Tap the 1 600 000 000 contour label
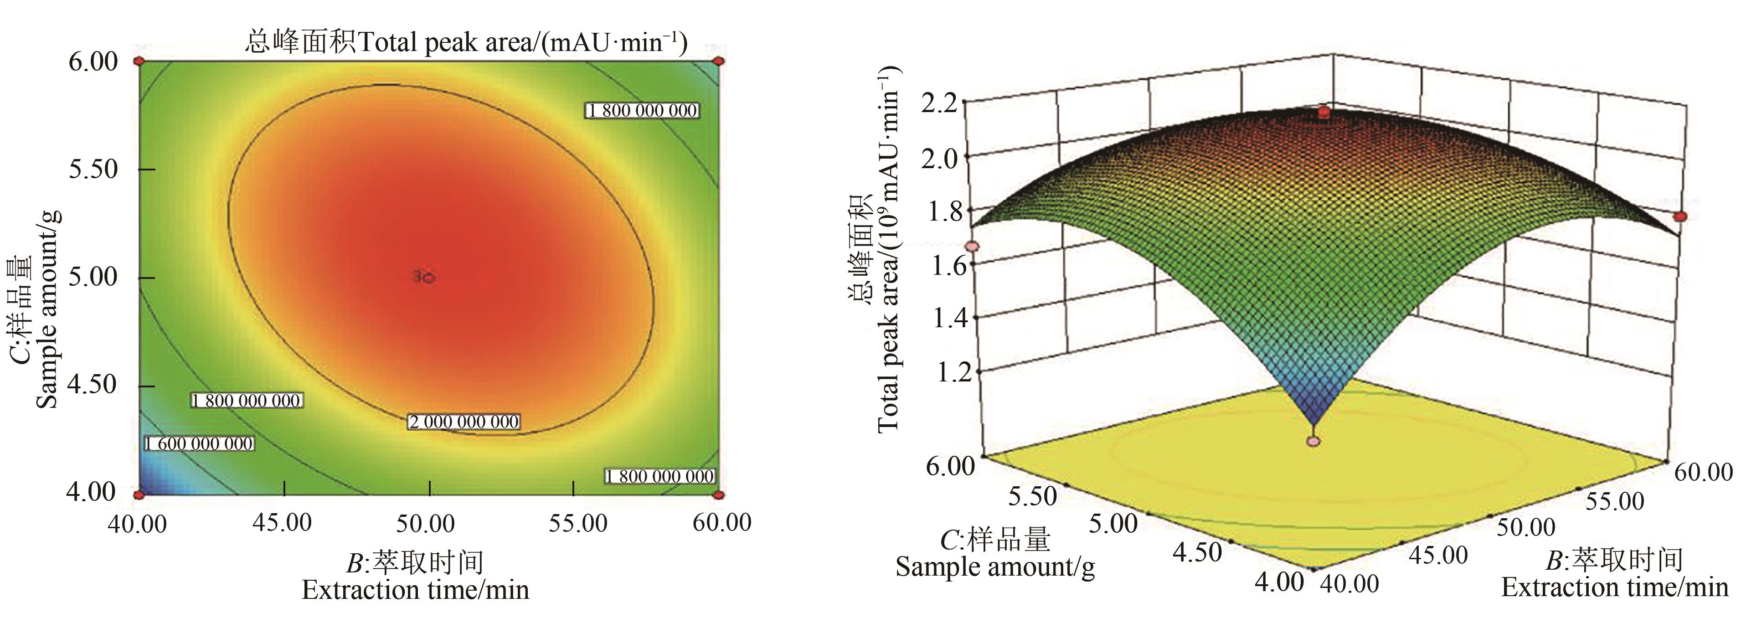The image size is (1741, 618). [199, 443]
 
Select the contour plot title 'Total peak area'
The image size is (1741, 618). [466, 42]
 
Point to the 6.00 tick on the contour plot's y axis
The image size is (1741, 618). [93, 62]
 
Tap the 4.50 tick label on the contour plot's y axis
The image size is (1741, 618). [93, 384]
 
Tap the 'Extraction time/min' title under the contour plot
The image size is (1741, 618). [415, 590]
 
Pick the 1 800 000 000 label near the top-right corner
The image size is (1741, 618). [642, 110]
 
